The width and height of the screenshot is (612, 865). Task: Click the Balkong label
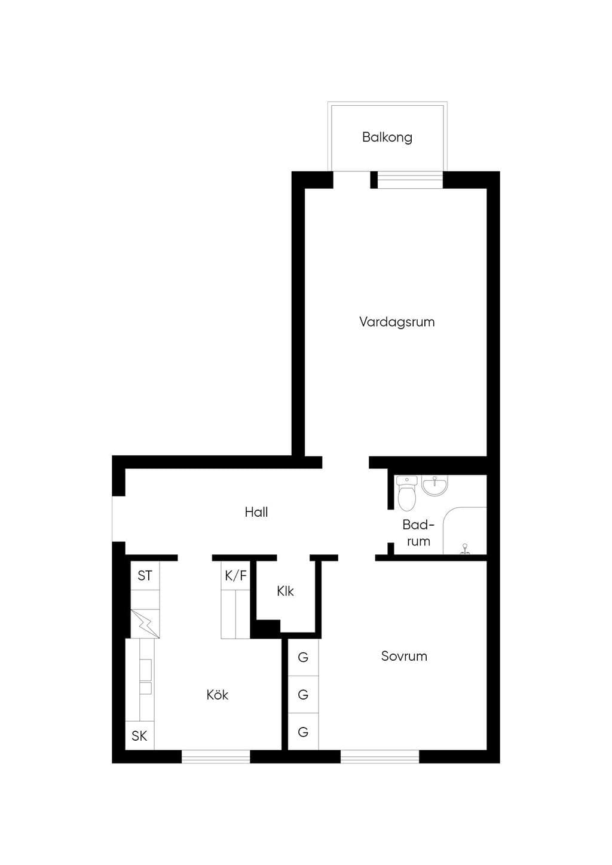[387, 137]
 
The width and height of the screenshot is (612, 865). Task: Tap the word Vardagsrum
[397, 321]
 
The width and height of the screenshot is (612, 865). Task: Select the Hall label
[256, 512]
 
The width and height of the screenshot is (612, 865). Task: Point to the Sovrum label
[404, 656]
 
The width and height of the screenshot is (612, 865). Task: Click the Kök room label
[217, 695]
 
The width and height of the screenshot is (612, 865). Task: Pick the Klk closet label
[285, 591]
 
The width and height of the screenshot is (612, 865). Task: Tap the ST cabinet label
[145, 576]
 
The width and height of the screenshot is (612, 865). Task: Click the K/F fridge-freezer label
[235, 576]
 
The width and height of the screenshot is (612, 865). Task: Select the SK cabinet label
[139, 736]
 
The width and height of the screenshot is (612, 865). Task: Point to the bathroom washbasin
[434, 486]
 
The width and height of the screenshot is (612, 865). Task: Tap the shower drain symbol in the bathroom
[466, 549]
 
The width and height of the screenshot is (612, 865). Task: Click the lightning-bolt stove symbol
[145, 624]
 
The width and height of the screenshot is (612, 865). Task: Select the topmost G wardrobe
[304, 657]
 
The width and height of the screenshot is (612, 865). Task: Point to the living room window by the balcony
[410, 180]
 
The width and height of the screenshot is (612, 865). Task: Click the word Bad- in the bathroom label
[418, 524]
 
